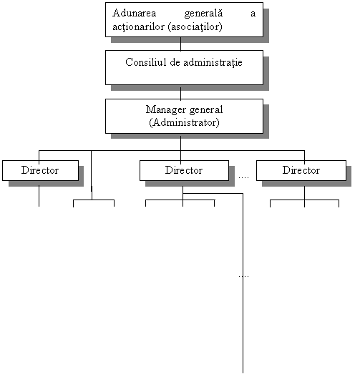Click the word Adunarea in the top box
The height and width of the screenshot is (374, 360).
click(x=134, y=13)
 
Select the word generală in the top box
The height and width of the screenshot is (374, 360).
click(x=203, y=14)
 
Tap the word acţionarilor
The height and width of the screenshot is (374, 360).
click(x=138, y=27)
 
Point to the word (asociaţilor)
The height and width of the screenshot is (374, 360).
click(x=195, y=27)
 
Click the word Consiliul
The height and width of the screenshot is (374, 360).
click(x=146, y=62)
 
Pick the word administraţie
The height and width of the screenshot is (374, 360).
click(x=213, y=63)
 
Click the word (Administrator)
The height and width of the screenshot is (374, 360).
click(x=184, y=123)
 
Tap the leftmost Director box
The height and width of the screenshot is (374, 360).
click(x=40, y=170)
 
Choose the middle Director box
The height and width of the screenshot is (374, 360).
click(x=184, y=170)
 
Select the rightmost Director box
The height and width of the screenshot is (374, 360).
click(x=301, y=170)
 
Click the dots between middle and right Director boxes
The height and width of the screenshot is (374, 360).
click(x=243, y=177)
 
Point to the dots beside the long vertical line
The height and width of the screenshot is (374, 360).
click(x=243, y=276)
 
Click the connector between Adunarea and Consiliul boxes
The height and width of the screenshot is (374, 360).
click(x=181, y=44)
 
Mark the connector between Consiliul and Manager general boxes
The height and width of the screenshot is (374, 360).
click(x=181, y=93)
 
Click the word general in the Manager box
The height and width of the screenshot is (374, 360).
click(x=206, y=110)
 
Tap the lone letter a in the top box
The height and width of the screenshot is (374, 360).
click(x=253, y=14)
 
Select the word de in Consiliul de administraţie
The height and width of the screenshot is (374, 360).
click(x=175, y=62)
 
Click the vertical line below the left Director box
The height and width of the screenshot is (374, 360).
click(x=39, y=196)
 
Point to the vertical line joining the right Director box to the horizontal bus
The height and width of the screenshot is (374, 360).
click(x=304, y=155)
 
